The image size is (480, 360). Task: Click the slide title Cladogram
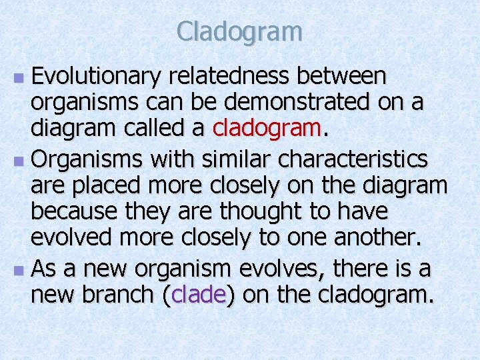(x=240, y=31)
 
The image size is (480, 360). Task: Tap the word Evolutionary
(x=96, y=78)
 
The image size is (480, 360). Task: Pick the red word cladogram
(x=266, y=129)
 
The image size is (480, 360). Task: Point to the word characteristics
(x=355, y=160)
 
